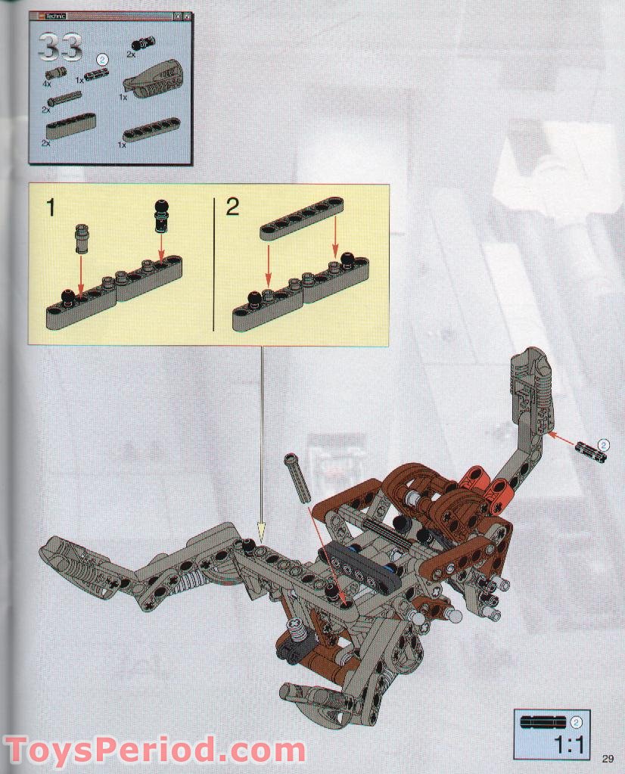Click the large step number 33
61,48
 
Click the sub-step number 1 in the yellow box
51,208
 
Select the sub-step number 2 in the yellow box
232,207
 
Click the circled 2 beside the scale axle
576,722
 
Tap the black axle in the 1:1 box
545,722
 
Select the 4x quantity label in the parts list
47,85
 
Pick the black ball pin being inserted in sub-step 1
161,215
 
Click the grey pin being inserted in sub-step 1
81,238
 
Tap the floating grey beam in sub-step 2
302,218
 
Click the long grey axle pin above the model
296,480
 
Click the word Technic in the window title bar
56,17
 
